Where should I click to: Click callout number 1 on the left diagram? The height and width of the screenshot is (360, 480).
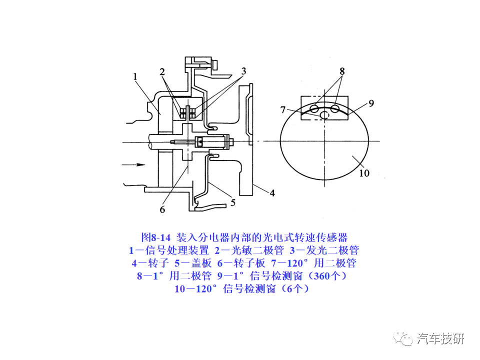click(135, 76)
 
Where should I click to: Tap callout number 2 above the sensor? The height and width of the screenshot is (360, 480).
click(162, 71)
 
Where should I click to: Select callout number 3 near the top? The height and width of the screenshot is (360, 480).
click(243, 71)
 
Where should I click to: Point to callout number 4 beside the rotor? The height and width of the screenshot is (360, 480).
click(272, 192)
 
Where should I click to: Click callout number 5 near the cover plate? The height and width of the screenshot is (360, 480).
click(232, 202)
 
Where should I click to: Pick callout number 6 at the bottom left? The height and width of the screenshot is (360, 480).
click(162, 209)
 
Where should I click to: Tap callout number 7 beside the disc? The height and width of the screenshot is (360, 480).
click(283, 109)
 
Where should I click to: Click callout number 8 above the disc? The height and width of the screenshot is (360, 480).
click(342, 71)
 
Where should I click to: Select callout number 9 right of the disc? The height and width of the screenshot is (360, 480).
click(371, 103)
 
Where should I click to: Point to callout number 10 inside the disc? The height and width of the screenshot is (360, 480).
click(364, 173)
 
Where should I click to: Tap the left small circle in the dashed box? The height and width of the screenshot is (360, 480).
click(314, 108)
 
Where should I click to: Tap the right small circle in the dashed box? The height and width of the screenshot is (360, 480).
click(335, 108)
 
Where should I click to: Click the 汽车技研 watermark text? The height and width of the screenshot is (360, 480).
click(440, 338)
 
